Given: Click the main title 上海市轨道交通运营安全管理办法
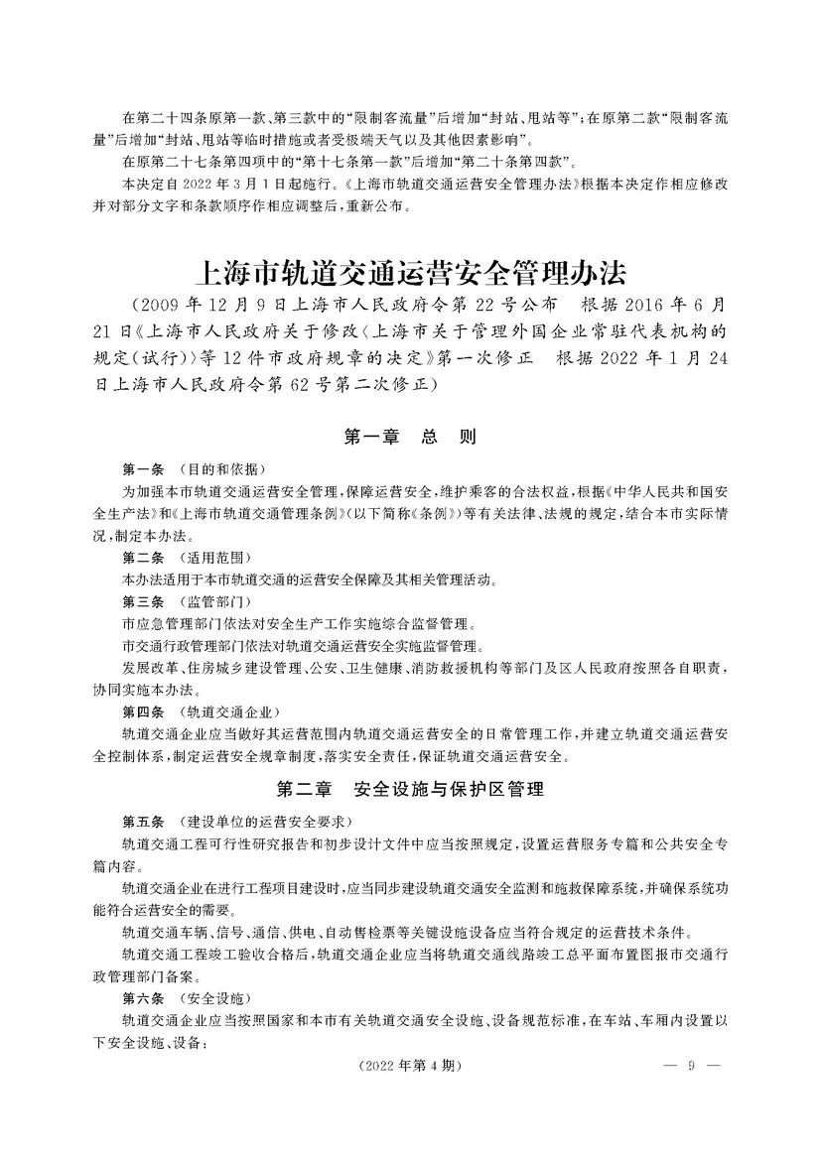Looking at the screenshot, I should [x=410, y=271].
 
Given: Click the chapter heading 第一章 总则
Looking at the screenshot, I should [x=410, y=435].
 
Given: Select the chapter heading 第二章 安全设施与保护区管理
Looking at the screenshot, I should [x=410, y=791].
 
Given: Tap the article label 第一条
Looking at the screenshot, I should [x=143, y=468].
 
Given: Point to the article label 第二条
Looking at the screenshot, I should [x=143, y=559].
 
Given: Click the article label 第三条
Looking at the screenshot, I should [x=143, y=602].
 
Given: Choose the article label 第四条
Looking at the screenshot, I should [x=143, y=712].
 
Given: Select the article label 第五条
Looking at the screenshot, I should [x=143, y=823].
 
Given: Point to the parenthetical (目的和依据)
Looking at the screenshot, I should [x=222, y=468].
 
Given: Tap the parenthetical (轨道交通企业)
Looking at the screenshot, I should [x=229, y=712].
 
